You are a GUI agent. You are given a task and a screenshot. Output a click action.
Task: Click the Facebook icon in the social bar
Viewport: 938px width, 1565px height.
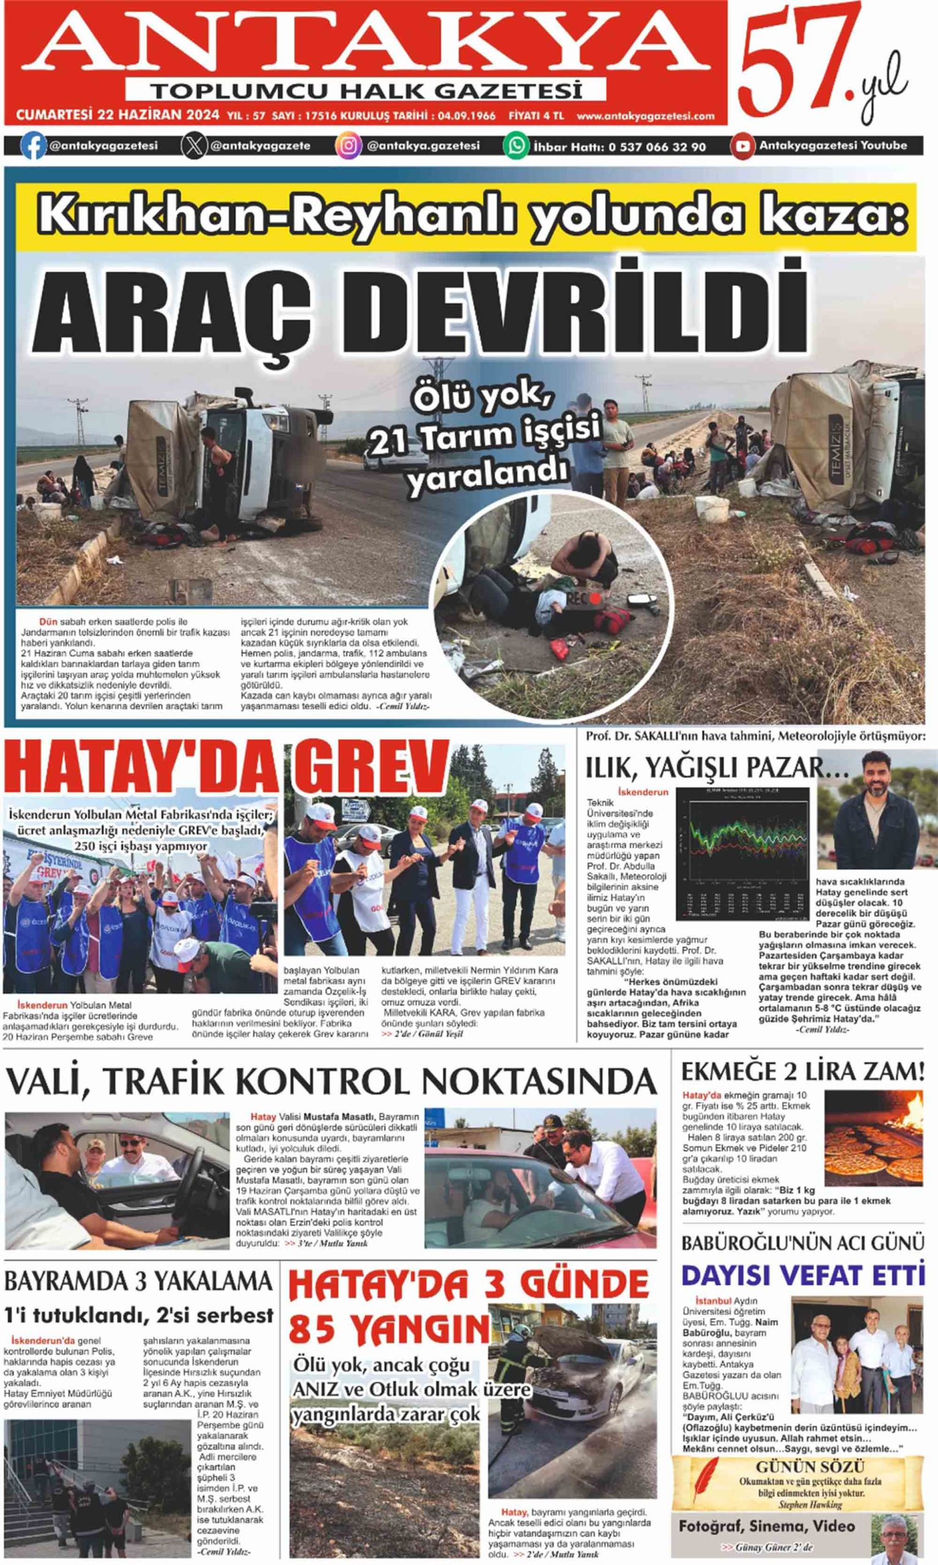pos(34,146)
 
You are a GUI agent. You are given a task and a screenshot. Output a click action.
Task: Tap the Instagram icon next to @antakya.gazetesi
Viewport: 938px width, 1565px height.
pos(348,146)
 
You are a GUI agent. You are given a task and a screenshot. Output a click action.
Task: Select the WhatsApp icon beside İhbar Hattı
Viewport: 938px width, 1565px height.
pos(515,146)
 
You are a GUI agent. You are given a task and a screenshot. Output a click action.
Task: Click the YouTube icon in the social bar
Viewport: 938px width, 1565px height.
pos(743,146)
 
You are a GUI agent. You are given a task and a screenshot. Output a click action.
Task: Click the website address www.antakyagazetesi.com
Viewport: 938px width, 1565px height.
pos(645,116)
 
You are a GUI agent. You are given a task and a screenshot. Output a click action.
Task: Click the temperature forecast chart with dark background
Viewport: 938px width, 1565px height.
pos(742,853)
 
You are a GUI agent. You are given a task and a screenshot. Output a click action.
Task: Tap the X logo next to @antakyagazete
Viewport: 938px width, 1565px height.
pos(194,146)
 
